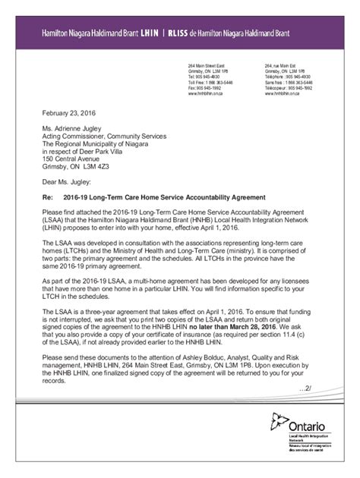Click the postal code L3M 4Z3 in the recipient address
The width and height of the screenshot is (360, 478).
coord(95,165)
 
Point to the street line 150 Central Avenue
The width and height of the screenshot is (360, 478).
coord(75,156)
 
